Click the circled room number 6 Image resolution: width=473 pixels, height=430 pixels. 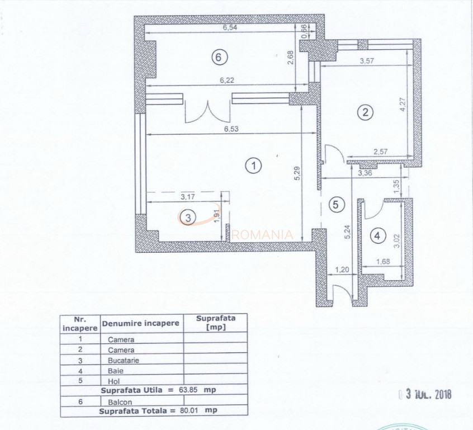pyautogui.click(x=219, y=56)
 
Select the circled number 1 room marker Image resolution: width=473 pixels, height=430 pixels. pyautogui.click(x=254, y=166)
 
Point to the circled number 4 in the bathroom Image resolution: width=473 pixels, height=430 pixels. pyautogui.click(x=379, y=236)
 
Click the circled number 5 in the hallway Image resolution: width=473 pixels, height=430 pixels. pyautogui.click(x=335, y=205)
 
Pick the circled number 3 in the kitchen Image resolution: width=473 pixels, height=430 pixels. pyautogui.click(x=188, y=217)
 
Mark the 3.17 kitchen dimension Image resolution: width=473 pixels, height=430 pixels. pyautogui.click(x=188, y=197)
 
